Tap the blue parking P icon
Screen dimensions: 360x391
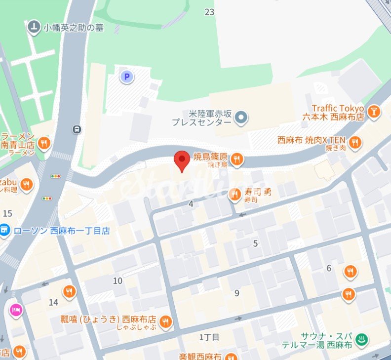(127, 77)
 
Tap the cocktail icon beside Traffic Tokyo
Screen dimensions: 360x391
(375, 112)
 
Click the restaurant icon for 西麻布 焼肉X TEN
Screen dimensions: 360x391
(354, 143)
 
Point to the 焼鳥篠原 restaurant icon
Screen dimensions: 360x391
(237, 159)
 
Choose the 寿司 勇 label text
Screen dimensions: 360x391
(257, 192)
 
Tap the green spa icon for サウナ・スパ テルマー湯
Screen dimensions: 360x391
(362, 339)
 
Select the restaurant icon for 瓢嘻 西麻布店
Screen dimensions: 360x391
(165, 322)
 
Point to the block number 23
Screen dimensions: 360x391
(209, 12)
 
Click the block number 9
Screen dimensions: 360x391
(236, 293)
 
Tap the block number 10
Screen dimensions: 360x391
(117, 281)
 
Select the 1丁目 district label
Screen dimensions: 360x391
(209, 337)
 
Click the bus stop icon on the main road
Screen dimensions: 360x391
(77, 129)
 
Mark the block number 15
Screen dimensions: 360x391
(7, 213)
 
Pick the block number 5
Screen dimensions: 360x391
(255, 243)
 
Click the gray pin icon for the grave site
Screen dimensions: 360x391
(34, 27)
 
